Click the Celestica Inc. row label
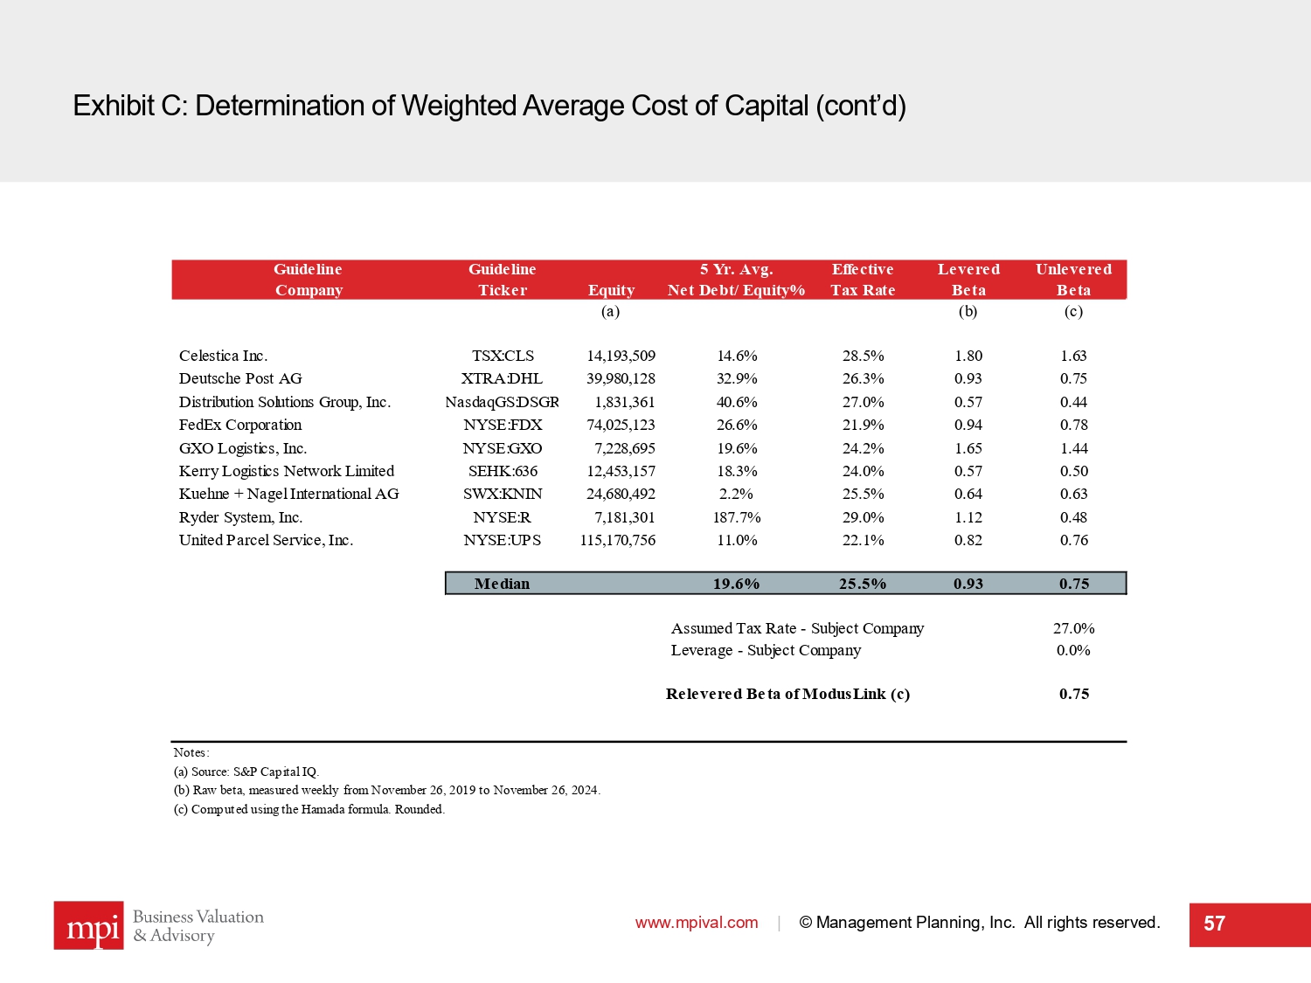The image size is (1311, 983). click(x=223, y=356)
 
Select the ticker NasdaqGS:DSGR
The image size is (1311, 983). click(x=502, y=402)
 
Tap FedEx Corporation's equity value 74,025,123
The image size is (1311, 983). click(x=621, y=425)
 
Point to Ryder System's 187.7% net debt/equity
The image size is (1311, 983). click(x=737, y=517)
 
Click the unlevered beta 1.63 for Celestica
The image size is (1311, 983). click(x=1073, y=356)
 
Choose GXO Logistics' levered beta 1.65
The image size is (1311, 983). click(x=968, y=448)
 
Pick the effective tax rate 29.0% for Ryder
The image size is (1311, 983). click(x=863, y=517)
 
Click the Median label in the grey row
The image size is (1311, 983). click(x=502, y=584)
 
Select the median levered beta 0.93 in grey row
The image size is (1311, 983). click(x=968, y=584)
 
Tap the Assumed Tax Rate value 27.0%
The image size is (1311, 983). click(x=1073, y=628)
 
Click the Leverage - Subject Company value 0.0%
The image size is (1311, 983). click(x=1073, y=650)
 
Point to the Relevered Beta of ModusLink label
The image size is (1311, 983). click(x=787, y=694)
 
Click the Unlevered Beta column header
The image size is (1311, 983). click(x=1073, y=280)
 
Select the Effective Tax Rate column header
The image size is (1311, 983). click(x=863, y=280)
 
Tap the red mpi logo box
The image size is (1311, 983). click(x=88, y=925)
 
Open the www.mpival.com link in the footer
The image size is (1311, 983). click(x=697, y=923)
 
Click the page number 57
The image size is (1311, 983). click(x=1214, y=924)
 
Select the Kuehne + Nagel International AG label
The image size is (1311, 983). click(x=288, y=494)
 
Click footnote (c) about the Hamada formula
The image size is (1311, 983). click(x=309, y=809)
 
